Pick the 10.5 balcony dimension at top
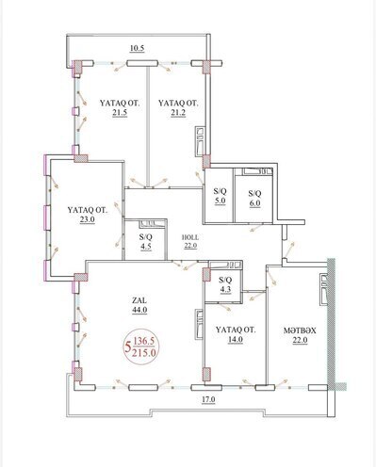click(136, 47)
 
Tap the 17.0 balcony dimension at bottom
click(205, 400)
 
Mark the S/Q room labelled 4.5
click(145, 242)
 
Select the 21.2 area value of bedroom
click(177, 115)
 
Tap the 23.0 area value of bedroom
click(87, 222)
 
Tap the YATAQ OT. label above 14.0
click(229, 330)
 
